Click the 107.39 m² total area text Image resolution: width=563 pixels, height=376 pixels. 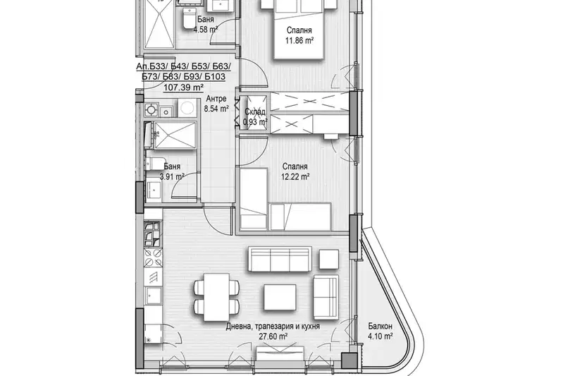[x=184, y=87]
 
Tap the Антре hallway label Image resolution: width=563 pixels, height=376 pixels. [x=216, y=99]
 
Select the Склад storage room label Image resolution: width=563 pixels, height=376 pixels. [x=255, y=111]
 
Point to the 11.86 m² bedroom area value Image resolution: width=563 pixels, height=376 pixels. [x=299, y=41]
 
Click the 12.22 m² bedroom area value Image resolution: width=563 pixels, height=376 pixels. [x=295, y=176]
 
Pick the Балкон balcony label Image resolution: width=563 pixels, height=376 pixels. [x=380, y=327]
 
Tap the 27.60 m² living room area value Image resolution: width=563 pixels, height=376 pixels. [x=273, y=336]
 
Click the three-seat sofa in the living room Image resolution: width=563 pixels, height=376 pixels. [x=280, y=259]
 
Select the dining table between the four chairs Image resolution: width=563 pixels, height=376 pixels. [x=216, y=297]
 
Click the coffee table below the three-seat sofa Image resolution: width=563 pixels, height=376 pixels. [x=280, y=298]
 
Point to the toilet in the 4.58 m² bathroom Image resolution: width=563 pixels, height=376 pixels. [x=188, y=18]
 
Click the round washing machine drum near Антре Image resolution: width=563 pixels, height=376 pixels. [x=186, y=107]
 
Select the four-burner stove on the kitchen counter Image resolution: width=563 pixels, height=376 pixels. [x=153, y=258]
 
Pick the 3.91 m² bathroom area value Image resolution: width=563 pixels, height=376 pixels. [x=172, y=176]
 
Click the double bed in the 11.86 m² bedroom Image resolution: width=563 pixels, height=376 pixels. [x=299, y=29]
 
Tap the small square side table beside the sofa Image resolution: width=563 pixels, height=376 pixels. [x=329, y=259]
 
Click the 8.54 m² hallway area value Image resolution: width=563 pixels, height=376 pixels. [x=216, y=108]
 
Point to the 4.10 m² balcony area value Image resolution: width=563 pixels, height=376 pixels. [x=380, y=336]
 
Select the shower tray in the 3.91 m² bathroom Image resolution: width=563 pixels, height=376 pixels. [x=175, y=135]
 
